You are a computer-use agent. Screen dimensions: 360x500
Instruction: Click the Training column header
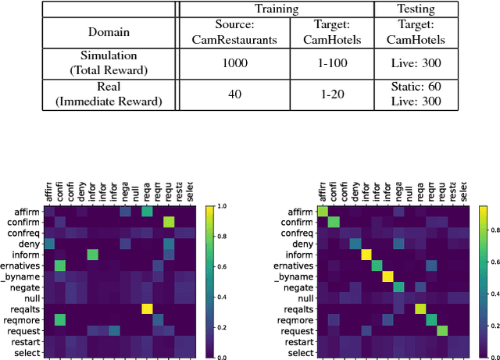pos(277,9)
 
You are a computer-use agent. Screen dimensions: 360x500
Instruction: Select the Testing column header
pos(411,9)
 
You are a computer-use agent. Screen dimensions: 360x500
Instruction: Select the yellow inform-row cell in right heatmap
pos(366,255)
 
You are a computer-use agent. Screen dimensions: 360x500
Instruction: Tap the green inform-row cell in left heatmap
pos(92,255)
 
